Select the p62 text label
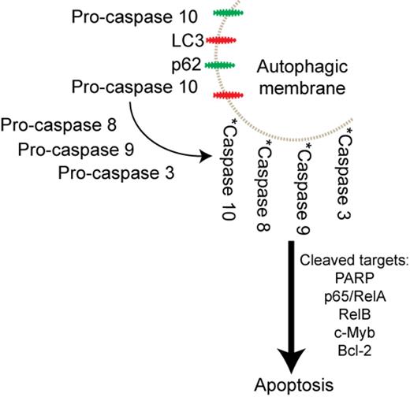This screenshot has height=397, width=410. (163, 64)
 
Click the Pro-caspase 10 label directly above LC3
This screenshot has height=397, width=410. (125, 15)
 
